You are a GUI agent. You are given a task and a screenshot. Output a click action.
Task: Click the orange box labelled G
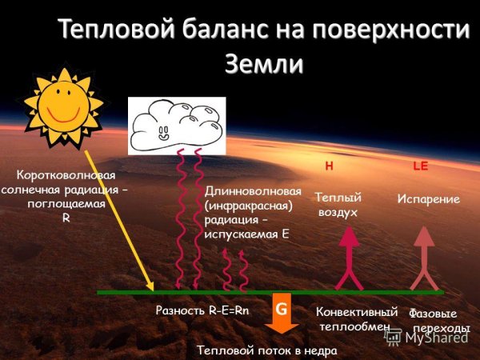point(281,309)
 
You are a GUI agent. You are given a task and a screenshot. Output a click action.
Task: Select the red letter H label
point(328,166)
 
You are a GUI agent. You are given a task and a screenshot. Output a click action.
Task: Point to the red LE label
point(421,166)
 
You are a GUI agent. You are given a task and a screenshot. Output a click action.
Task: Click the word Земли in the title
point(264,63)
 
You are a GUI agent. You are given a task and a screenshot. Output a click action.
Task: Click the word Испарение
point(429,199)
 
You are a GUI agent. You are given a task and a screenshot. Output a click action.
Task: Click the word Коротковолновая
point(66,175)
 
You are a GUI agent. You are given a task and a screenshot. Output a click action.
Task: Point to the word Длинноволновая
point(253,192)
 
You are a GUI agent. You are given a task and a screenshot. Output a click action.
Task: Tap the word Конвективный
point(357,312)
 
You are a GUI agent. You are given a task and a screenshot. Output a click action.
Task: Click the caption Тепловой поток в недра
point(267,350)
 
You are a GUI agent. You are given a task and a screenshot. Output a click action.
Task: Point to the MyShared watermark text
point(436,337)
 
